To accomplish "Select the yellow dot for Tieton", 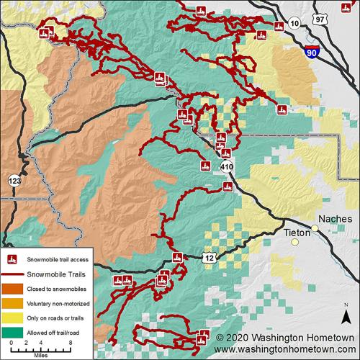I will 294,242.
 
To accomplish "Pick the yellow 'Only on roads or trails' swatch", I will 13,317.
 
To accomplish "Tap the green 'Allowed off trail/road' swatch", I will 13,330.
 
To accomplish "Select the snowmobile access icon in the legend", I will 13,260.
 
